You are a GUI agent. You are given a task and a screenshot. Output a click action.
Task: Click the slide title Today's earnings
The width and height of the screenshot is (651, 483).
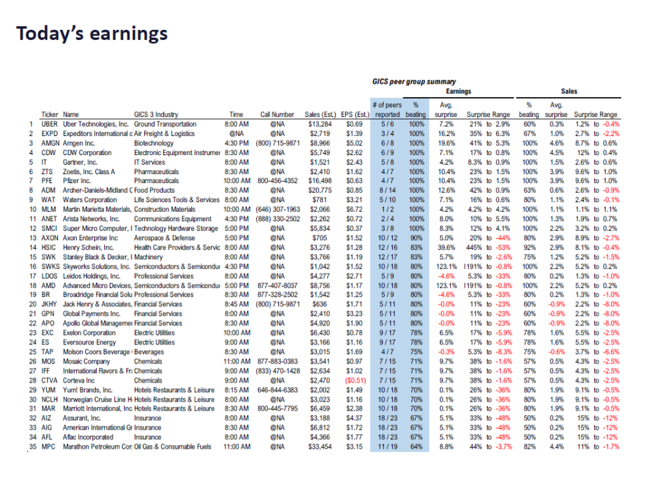click(x=92, y=33)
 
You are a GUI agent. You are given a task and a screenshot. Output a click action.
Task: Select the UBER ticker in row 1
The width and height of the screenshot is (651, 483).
click(x=50, y=124)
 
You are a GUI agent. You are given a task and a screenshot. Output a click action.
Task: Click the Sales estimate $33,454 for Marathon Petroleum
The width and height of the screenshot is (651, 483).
click(x=319, y=447)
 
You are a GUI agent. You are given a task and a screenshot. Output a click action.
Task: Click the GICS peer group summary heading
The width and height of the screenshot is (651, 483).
click(x=414, y=81)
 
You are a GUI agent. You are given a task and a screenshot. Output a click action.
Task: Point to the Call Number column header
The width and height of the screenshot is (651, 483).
click(x=278, y=115)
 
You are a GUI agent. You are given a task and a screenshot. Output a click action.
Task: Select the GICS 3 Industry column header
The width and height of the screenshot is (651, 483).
click(x=156, y=115)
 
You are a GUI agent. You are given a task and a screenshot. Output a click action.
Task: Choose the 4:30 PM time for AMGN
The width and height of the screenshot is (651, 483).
click(x=238, y=143)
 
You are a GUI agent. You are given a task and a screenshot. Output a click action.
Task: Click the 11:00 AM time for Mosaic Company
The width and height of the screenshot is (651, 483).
click(x=238, y=361)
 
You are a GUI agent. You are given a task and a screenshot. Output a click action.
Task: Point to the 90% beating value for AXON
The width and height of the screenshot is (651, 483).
click(x=417, y=238)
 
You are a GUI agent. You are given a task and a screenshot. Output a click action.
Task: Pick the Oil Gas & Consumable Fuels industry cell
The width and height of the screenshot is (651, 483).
click(x=173, y=447)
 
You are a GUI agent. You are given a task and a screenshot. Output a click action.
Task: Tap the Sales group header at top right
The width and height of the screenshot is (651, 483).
click(x=569, y=92)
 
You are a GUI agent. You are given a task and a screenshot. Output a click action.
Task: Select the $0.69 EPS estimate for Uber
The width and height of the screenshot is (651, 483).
click(x=353, y=124)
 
